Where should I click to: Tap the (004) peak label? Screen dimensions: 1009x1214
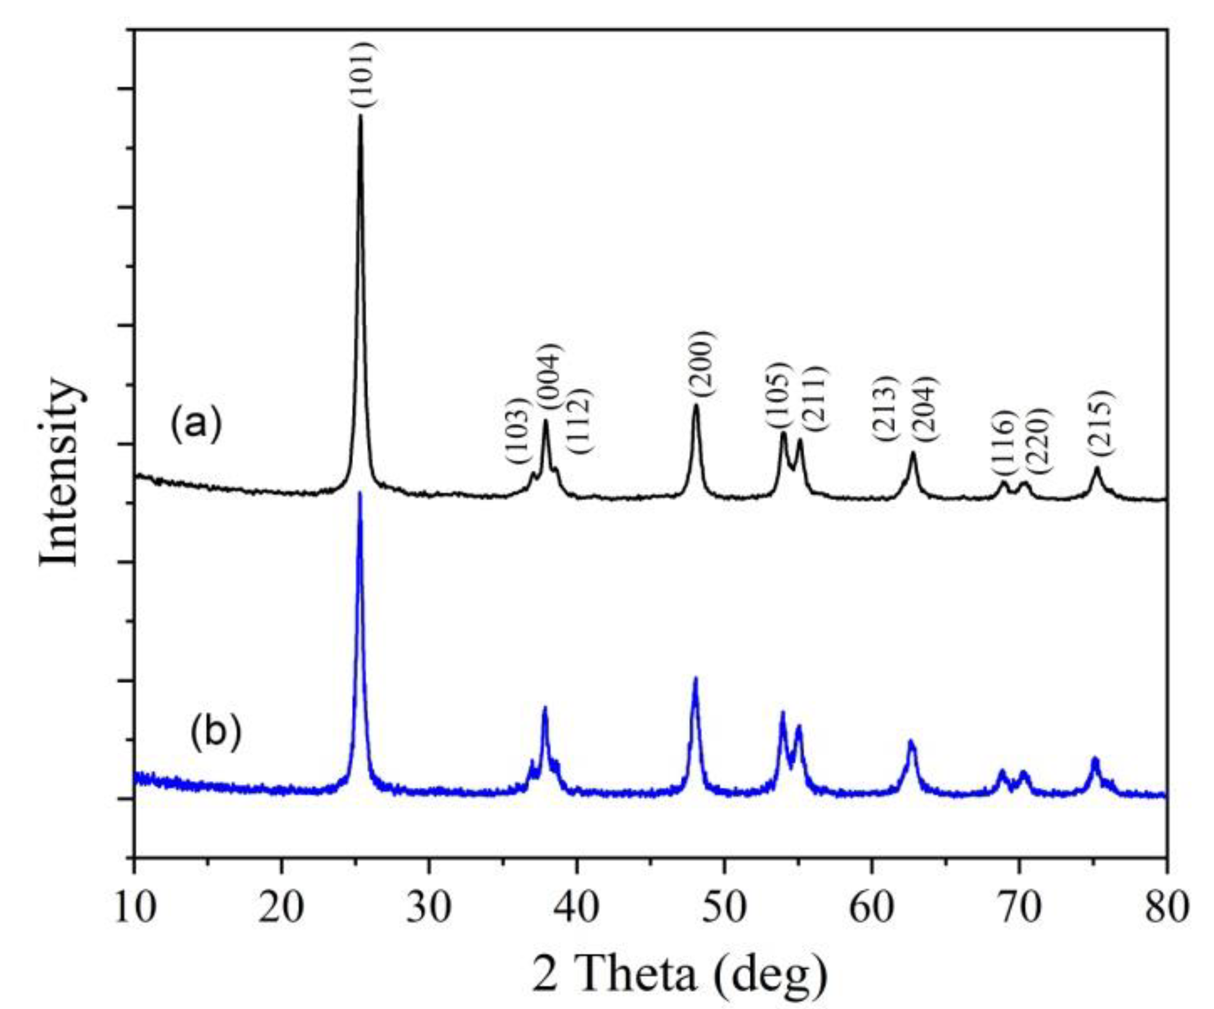click(549, 376)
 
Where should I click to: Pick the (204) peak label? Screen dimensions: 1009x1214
click(925, 408)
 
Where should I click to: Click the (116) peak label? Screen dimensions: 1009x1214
click(1002, 442)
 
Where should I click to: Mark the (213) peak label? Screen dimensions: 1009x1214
click(883, 408)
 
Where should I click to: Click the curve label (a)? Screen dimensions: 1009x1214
click(195, 423)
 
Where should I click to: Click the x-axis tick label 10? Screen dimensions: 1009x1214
click(135, 907)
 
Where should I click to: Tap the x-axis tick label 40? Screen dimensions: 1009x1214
click(577, 907)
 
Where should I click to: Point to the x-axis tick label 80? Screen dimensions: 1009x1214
click(1166, 907)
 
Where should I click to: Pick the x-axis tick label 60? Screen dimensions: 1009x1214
click(872, 907)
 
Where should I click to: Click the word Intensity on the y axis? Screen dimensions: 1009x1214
click(60, 473)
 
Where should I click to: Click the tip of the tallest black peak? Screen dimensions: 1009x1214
click(360, 116)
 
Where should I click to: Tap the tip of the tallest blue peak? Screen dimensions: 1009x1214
click(360, 493)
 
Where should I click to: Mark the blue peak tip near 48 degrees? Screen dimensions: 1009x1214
click(695, 678)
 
